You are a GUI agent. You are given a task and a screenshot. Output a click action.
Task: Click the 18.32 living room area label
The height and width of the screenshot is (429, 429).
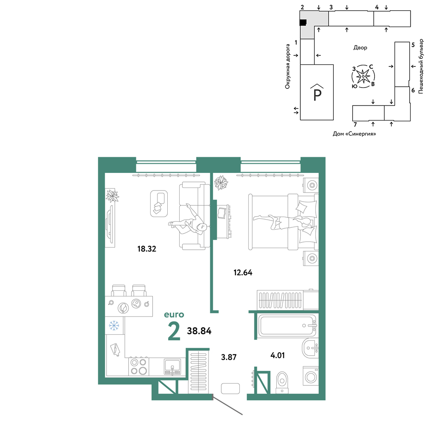147,249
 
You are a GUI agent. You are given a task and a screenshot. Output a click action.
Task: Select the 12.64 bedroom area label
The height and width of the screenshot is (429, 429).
243,272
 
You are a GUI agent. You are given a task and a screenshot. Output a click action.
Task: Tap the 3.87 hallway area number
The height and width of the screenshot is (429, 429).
229,357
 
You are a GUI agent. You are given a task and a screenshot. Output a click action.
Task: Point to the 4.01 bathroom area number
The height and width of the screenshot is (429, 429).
278,355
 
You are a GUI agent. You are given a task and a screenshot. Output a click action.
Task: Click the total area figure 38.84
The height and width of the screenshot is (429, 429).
199,331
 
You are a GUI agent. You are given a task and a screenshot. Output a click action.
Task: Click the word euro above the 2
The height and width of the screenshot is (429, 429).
174,314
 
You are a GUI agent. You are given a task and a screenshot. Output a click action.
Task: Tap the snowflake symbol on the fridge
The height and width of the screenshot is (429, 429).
114,326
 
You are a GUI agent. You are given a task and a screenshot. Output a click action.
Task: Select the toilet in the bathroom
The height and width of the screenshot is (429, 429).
282,382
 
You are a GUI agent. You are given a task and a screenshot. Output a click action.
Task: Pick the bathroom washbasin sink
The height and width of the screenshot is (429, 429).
310,348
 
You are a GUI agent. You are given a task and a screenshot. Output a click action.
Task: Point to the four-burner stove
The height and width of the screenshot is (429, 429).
139,366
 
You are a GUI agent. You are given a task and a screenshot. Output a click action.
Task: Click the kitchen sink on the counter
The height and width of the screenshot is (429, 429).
172,367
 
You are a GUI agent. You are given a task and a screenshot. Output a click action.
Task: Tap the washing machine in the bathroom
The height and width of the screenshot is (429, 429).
311,377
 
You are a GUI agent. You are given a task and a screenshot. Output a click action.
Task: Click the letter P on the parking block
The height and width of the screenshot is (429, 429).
317,95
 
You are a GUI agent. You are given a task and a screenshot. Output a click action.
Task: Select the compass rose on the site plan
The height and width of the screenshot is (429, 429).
363,76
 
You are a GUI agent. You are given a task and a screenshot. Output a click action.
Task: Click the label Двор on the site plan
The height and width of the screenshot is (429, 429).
360,48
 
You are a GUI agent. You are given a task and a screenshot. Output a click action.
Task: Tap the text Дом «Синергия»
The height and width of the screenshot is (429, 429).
354,134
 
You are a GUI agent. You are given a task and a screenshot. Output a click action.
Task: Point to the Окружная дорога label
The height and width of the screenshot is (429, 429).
287,66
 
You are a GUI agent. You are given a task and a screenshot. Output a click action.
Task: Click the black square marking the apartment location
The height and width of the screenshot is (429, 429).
303,22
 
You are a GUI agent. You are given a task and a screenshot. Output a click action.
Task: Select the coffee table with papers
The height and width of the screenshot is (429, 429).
159,203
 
